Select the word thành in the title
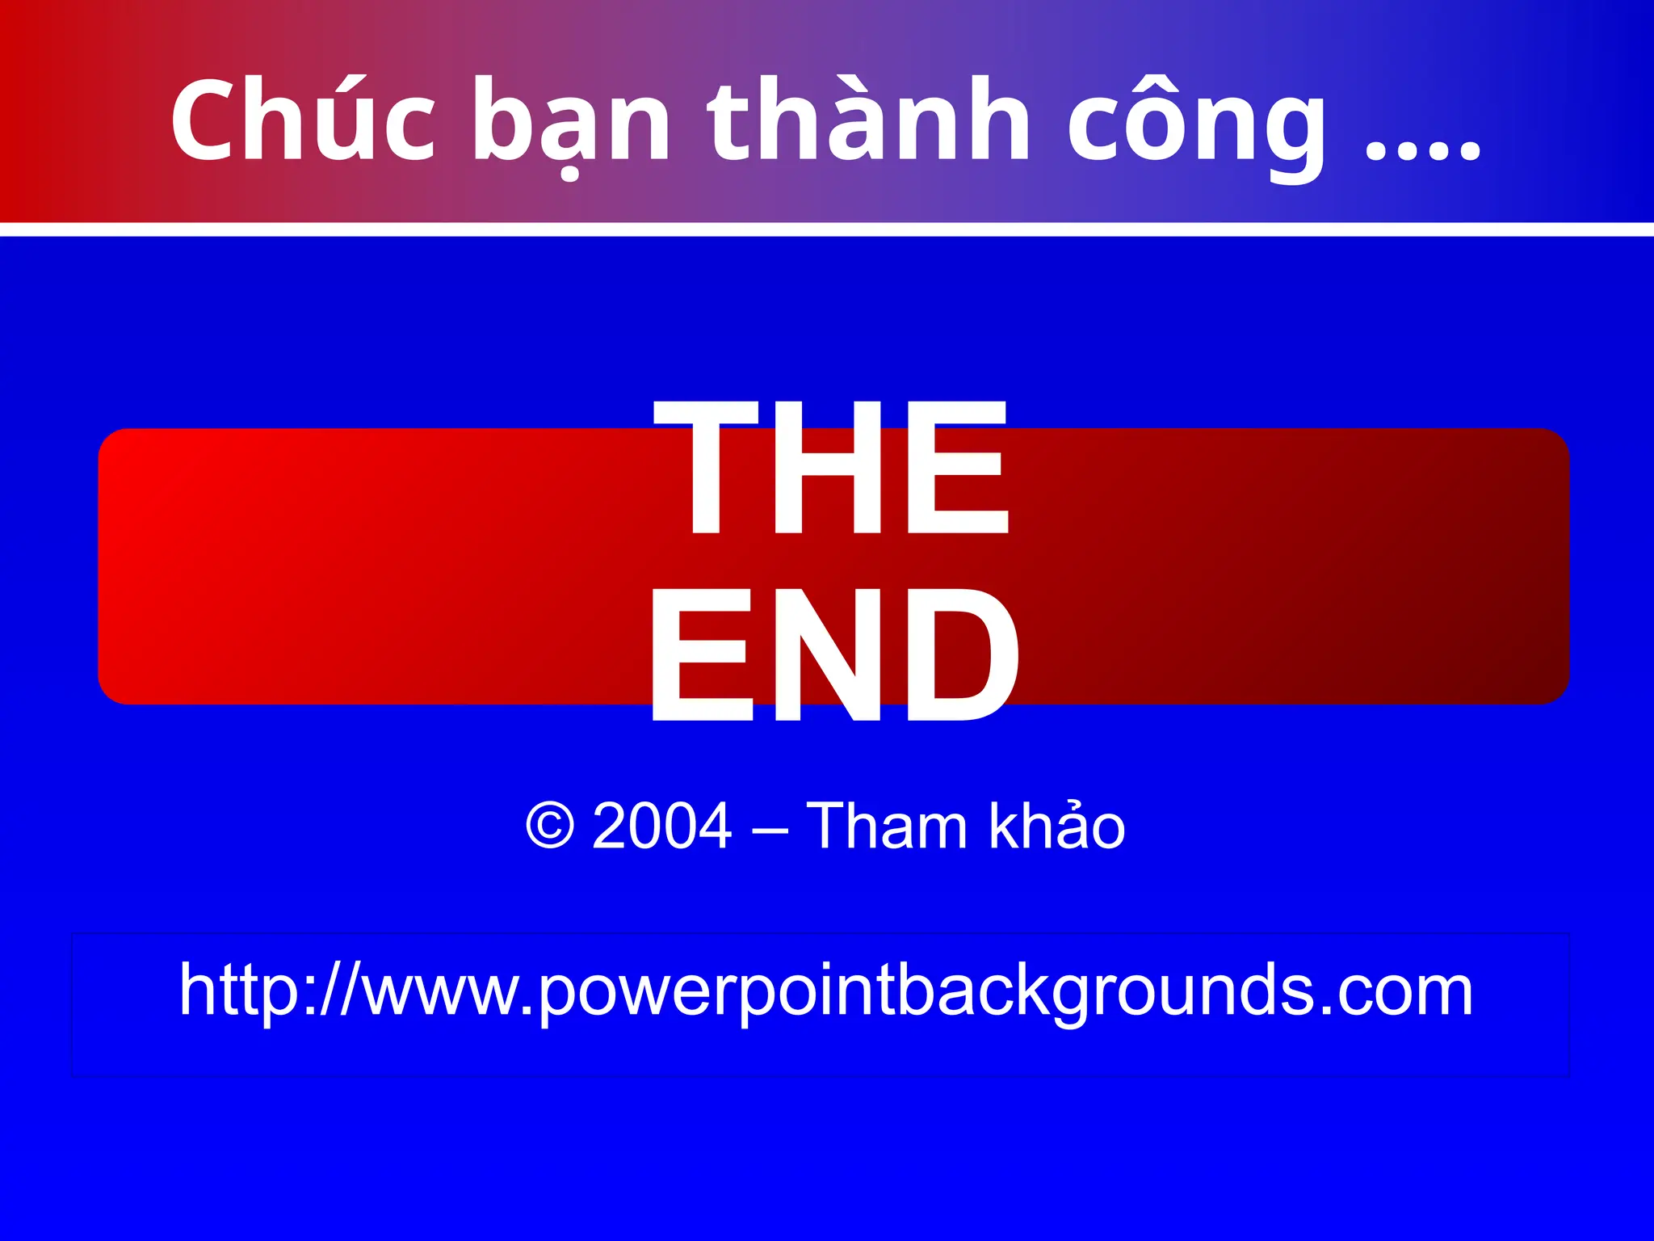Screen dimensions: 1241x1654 pos(869,120)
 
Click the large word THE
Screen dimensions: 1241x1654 pos(832,469)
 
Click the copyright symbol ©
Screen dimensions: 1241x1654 pos(550,826)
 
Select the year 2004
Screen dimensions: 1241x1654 pos(662,826)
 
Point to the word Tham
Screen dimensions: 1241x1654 pos(887,826)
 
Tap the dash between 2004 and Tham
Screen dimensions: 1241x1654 pos(769,829)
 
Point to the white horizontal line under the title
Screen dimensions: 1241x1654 pos(827,229)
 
